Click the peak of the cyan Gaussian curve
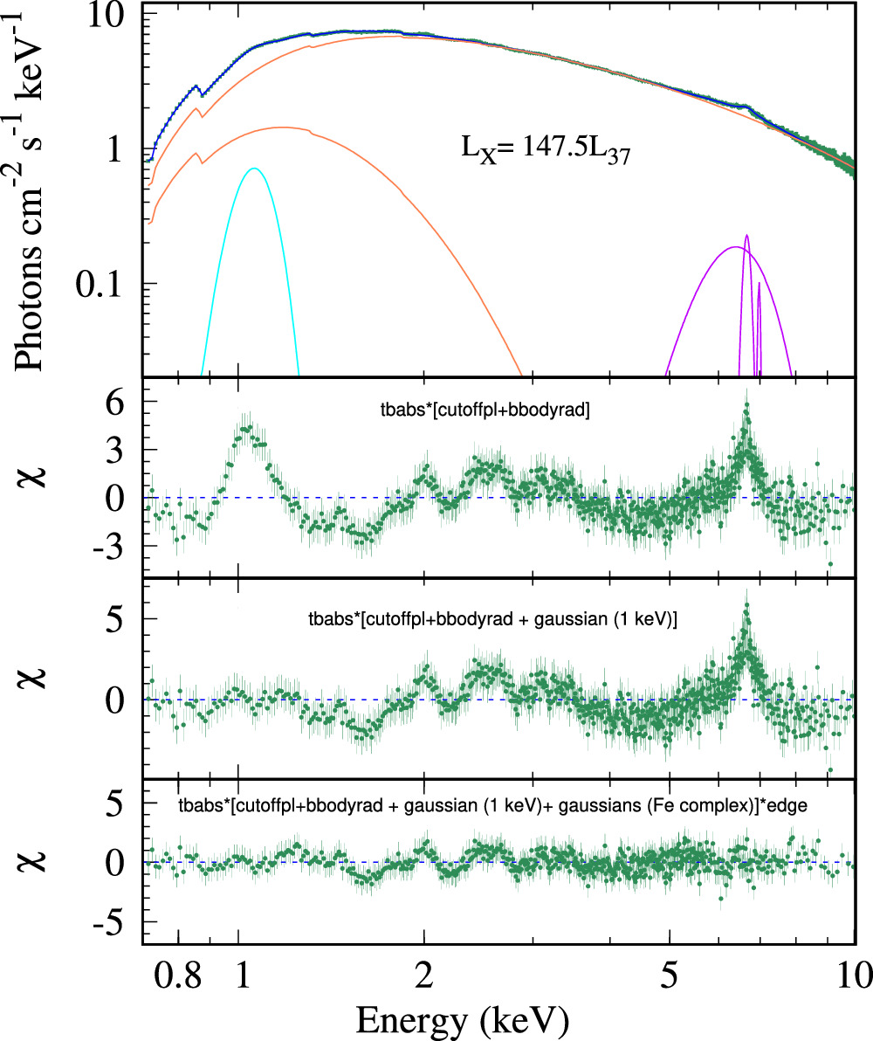(254, 169)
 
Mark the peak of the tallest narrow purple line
(746, 236)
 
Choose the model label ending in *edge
(491, 806)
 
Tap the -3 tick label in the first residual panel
(113, 546)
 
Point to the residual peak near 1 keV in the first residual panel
(247, 428)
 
